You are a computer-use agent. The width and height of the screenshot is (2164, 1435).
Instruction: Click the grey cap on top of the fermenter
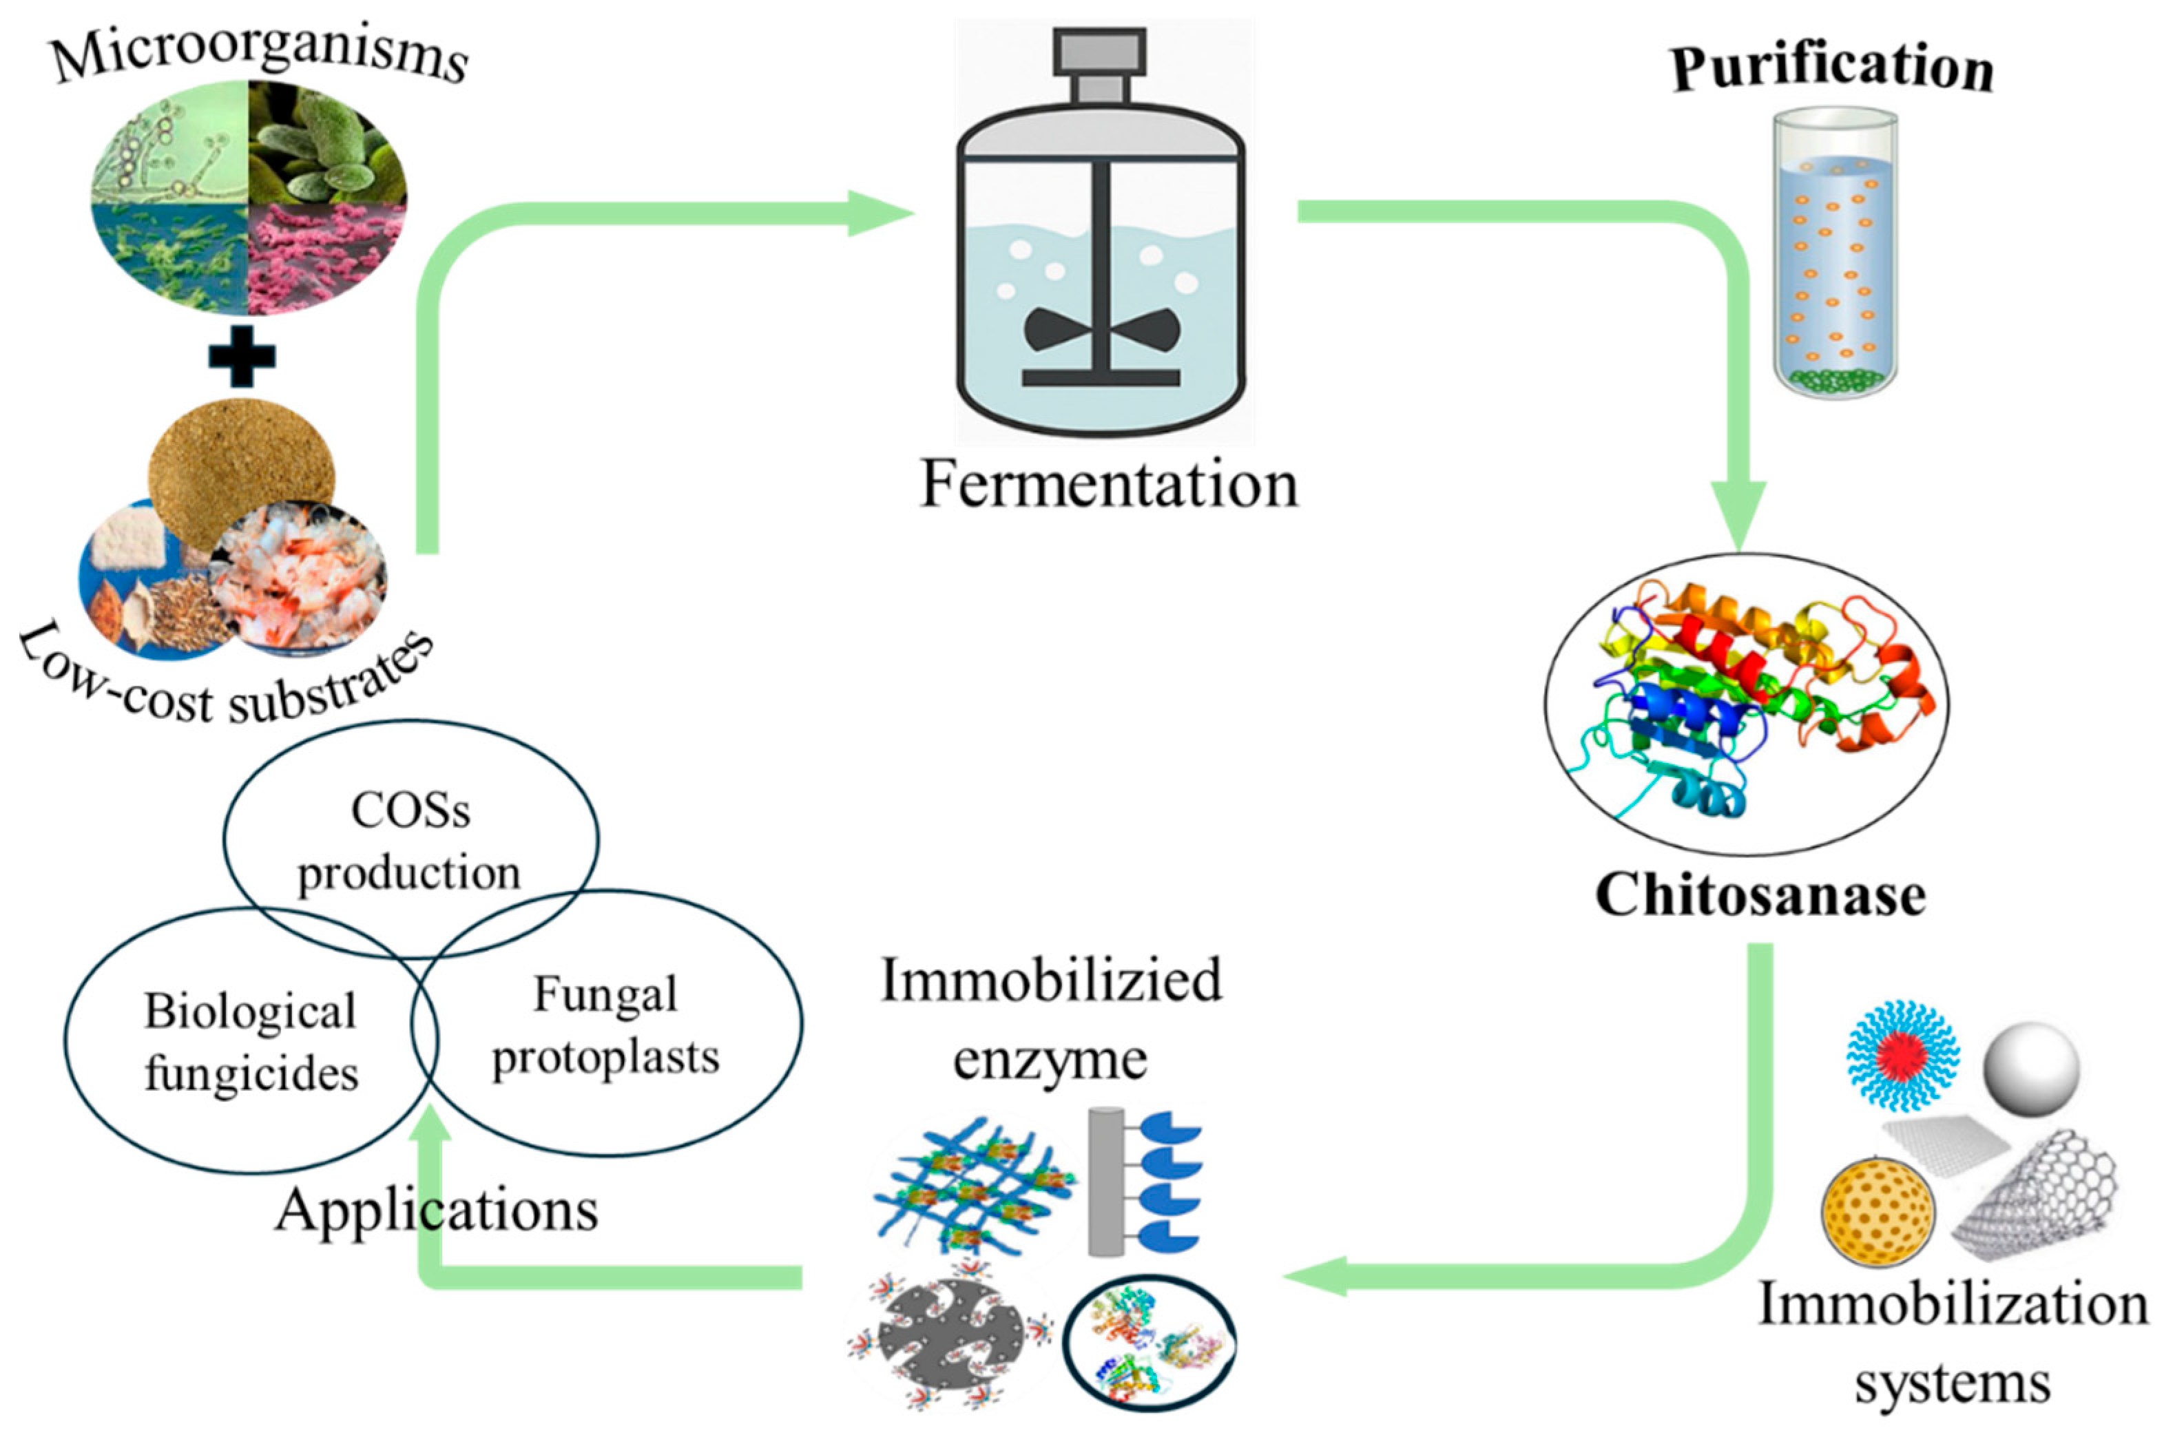click(x=1099, y=64)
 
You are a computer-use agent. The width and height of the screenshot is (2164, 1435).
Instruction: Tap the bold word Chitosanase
click(x=1760, y=895)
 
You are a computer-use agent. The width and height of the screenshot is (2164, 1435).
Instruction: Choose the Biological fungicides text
click(x=250, y=1041)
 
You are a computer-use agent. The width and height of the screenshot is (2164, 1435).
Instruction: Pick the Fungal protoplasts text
click(x=605, y=1025)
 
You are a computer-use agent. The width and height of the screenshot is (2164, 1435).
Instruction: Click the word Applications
click(x=437, y=1210)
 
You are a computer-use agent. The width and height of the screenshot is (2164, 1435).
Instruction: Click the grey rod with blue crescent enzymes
click(x=1141, y=1181)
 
